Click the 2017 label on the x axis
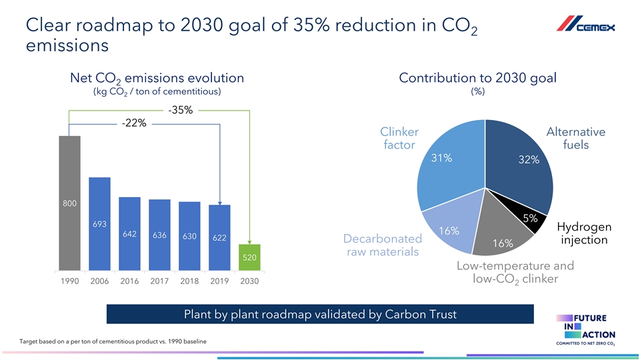pos(159,282)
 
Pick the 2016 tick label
pos(129,282)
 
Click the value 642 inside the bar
pos(129,234)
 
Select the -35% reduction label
pos(180,111)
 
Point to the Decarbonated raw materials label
pos(382,245)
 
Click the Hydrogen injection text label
pos(584,233)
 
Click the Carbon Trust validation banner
pos(320,314)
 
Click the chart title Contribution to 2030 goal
pos(477,77)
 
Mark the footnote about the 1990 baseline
pos(109,341)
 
